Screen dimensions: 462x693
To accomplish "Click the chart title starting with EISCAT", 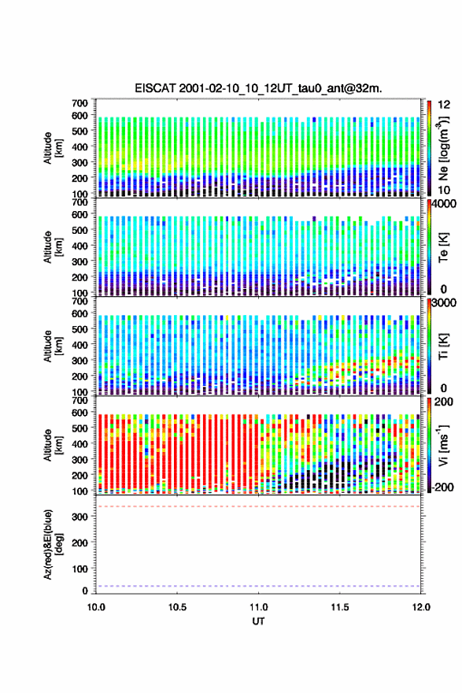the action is click(258, 88).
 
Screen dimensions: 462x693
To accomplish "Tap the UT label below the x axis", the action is click(258, 621).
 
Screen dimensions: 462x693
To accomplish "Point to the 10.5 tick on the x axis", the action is click(177, 607).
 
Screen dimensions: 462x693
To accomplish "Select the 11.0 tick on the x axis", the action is click(258, 607).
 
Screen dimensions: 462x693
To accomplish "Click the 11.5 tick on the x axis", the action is click(340, 607).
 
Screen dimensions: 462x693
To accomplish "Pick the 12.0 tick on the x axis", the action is click(421, 607).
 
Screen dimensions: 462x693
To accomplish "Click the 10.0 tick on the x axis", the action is click(96, 607).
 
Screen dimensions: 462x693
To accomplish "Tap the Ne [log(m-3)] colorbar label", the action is click(443, 147).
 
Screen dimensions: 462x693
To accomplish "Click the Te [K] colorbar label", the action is click(443, 248).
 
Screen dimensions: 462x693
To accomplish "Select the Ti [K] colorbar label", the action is click(443, 346).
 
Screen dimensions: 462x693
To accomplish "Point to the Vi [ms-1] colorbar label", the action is click(443, 445).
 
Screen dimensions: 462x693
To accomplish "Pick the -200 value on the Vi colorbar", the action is click(442, 487).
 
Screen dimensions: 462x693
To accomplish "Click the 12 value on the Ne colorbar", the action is click(444, 105).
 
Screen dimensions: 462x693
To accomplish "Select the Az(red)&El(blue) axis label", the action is click(52, 544).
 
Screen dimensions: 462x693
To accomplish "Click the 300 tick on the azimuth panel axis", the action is click(79, 517).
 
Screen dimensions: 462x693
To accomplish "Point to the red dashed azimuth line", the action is click(258, 506).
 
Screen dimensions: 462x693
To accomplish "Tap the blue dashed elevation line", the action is click(258, 586).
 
